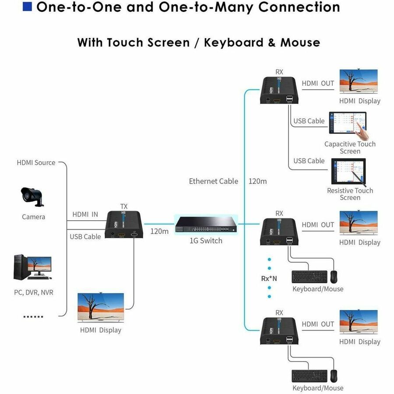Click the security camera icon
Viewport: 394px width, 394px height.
[32, 197]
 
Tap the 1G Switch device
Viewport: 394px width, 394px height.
[206, 225]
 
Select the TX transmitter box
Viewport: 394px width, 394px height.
[124, 225]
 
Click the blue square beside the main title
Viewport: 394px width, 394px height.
[27, 7]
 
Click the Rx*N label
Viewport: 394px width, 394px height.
[269, 278]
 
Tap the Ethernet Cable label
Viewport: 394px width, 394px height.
[213, 181]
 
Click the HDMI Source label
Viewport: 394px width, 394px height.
[36, 162]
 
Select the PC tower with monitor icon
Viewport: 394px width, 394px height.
[33, 267]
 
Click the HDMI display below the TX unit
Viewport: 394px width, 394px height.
[101, 307]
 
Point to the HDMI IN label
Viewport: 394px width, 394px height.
[85, 215]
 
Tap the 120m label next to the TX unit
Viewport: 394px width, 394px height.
[159, 231]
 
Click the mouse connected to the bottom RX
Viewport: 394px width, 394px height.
[334, 376]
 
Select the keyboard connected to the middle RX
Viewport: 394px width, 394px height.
[310, 277]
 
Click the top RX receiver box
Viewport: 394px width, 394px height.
[279, 90]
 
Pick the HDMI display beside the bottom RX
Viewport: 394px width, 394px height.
[359, 322]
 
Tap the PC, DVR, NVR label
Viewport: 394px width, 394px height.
[34, 292]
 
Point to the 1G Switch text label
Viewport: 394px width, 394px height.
[206, 241]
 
